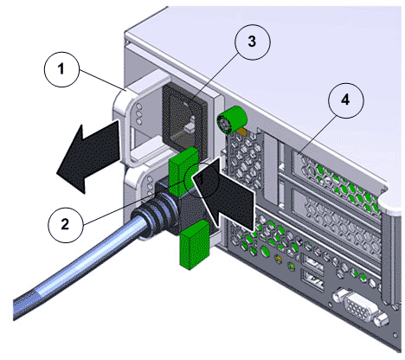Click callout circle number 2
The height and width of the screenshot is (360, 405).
(66, 224)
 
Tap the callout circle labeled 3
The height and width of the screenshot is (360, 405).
(253, 42)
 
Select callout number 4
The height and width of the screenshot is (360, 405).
(346, 100)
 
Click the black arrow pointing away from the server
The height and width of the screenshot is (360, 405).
(89, 157)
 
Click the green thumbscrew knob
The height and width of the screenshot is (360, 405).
(232, 120)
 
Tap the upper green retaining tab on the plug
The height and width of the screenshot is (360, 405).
(183, 171)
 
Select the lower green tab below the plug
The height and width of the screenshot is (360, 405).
(195, 245)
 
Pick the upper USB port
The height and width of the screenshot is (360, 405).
(312, 261)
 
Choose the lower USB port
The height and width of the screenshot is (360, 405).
(312, 280)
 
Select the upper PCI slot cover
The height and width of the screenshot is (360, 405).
(336, 174)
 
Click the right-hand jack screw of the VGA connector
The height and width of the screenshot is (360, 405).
(382, 319)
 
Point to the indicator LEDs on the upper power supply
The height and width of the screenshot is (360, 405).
(139, 113)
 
